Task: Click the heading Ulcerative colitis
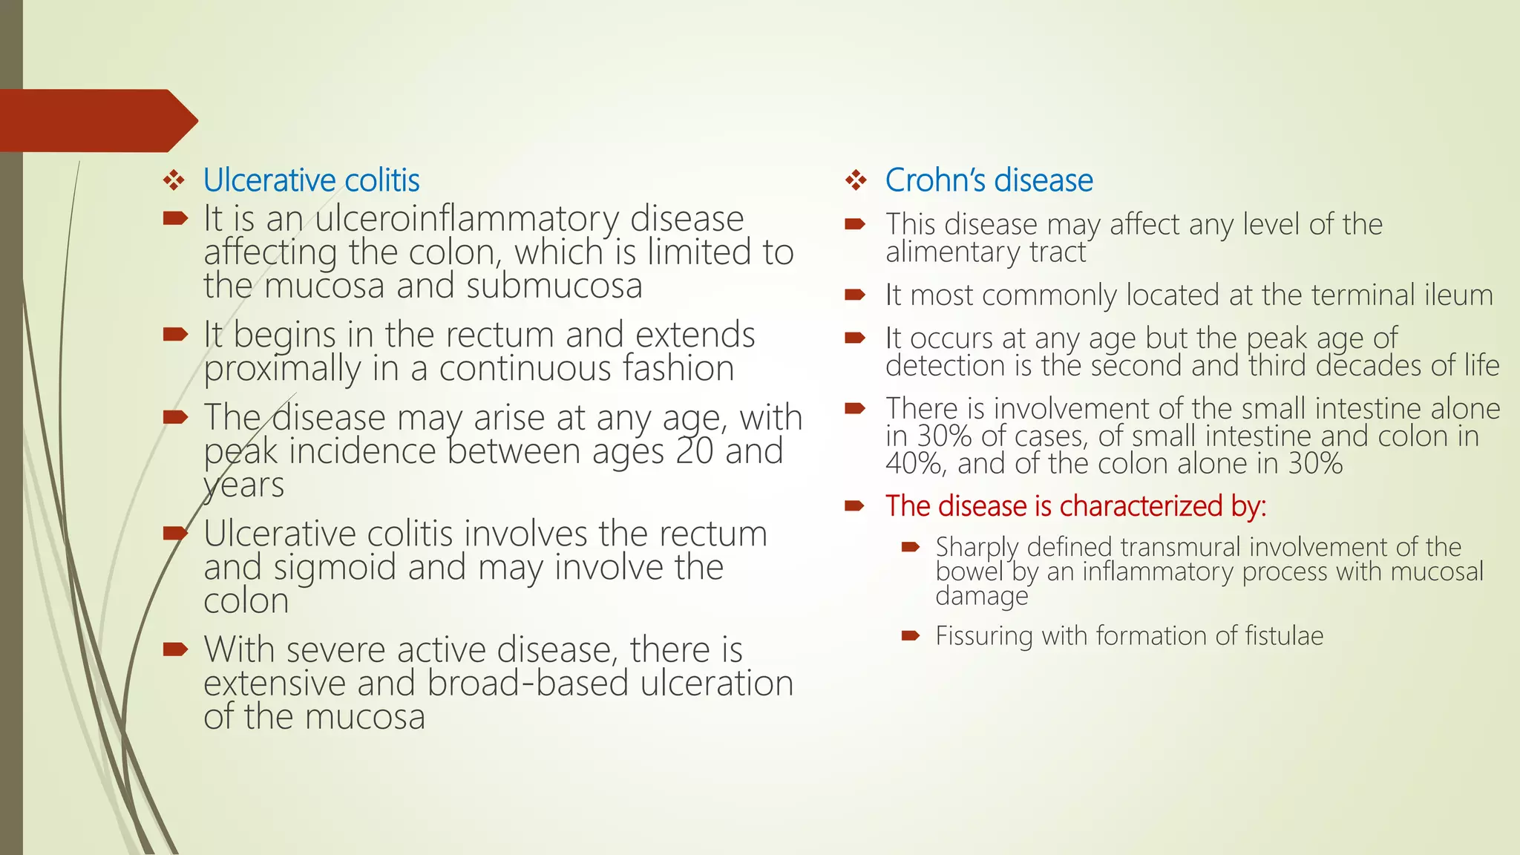click(311, 180)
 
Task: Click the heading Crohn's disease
click(989, 180)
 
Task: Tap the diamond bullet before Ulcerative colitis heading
click(174, 180)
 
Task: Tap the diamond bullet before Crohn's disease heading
click(856, 180)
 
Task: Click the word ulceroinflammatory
click(467, 219)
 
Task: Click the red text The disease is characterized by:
click(1075, 506)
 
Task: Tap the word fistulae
click(1284, 636)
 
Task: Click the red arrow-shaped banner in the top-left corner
click(96, 120)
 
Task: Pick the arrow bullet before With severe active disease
click(175, 650)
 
